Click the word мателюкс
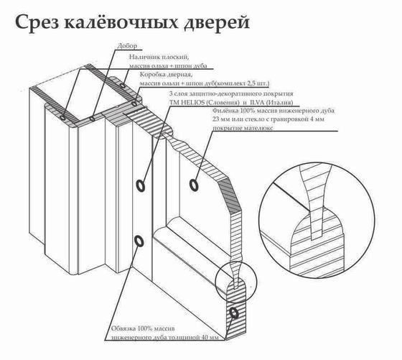(x=253, y=130)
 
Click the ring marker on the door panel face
(x=195, y=185)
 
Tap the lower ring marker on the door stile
(x=139, y=241)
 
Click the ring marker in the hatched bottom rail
(x=234, y=314)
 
